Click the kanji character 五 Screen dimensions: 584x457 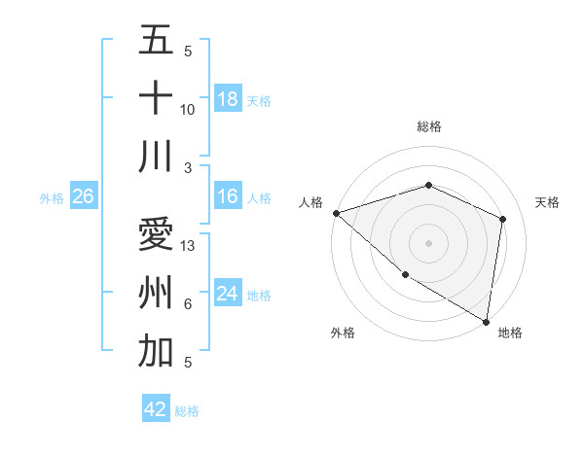pyautogui.click(x=156, y=41)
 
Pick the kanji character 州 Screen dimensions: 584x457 pyautogui.click(x=156, y=293)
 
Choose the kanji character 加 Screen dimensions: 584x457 pyautogui.click(x=156, y=350)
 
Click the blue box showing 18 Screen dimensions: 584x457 pyautogui.click(x=228, y=99)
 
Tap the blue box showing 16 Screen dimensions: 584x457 pyautogui.click(x=228, y=197)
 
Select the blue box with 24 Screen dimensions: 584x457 pyautogui.click(x=228, y=294)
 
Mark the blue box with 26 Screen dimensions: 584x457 pyautogui.click(x=84, y=197)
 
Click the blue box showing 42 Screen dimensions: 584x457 pyautogui.click(x=156, y=409)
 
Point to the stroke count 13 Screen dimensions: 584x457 pyautogui.click(x=189, y=246)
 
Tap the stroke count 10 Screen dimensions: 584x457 pyautogui.click(x=188, y=110)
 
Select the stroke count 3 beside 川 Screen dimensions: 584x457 pyautogui.click(x=188, y=167)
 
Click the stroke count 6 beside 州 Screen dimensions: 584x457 pyautogui.click(x=188, y=304)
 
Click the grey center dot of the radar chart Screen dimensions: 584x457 pyautogui.click(x=428, y=242)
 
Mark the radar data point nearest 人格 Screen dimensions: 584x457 pyautogui.click(x=336, y=213)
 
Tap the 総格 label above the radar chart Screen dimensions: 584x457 pyautogui.click(x=428, y=126)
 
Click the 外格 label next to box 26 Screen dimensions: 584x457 pyautogui.click(x=52, y=198)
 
